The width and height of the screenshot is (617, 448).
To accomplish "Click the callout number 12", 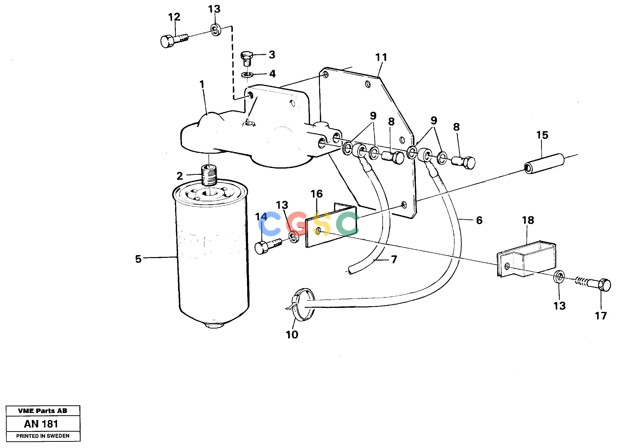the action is pos(174,17).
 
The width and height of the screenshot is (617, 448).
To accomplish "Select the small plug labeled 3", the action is pos(247,58).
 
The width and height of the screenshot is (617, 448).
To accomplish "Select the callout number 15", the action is pos(542,135).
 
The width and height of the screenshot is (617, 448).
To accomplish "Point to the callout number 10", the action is pos(292,335).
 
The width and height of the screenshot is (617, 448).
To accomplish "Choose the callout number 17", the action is pos(601,316).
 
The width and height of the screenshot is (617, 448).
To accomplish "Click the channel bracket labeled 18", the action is pos(526,258).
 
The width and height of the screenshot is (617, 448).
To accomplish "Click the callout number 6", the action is pos(479,220).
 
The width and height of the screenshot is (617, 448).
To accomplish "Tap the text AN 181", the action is pos(41,424).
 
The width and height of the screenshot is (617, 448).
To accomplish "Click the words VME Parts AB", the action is pos(43,411).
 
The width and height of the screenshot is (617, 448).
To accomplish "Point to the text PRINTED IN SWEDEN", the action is pos(43,436).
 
